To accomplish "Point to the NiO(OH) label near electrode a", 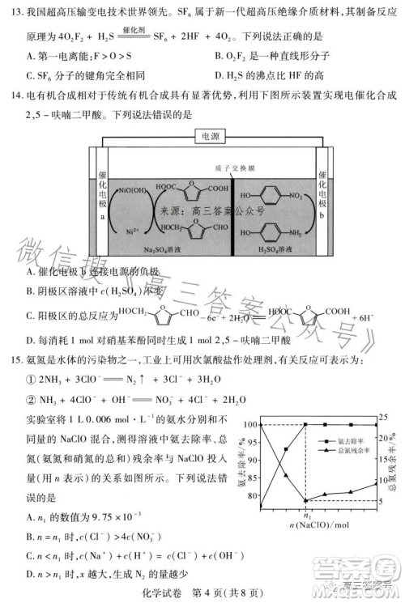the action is (134, 191).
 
